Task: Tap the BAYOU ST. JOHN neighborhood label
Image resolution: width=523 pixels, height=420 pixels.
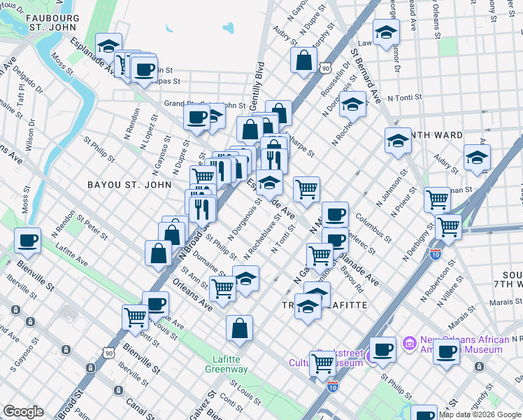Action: pos(129,185)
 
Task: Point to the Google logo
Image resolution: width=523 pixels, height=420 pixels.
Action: pos(23,412)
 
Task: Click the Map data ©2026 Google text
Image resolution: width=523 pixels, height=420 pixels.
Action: pos(480,414)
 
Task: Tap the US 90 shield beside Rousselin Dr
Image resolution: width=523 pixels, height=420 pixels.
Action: pos(326,68)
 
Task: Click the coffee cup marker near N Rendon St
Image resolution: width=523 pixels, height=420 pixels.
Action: pos(29,241)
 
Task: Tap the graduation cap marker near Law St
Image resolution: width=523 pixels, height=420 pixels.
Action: pos(385,31)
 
